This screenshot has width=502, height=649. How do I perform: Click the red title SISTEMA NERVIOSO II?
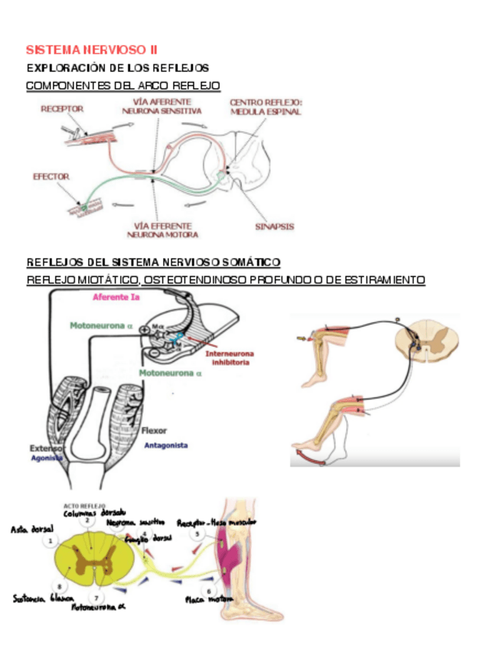coord(92,50)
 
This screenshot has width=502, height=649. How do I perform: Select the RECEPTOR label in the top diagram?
coord(62,109)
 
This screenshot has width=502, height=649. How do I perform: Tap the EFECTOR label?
coord(51,177)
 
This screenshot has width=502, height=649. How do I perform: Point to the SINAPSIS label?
coord(274,227)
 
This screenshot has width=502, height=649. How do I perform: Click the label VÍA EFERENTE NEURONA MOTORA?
coord(166,230)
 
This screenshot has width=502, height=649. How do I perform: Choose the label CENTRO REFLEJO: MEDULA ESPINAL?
coord(266,106)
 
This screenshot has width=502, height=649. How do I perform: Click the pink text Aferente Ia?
coord(116,297)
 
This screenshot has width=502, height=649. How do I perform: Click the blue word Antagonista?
coord(166,445)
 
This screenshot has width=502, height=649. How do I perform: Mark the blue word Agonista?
coord(47,458)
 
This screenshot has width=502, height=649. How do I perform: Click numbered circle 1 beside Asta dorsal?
coord(50,540)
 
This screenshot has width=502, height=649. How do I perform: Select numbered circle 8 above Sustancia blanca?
coord(59,585)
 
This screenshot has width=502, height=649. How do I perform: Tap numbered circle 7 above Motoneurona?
coord(97,597)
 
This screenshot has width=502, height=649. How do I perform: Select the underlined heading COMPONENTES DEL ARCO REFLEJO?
coord(122,85)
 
